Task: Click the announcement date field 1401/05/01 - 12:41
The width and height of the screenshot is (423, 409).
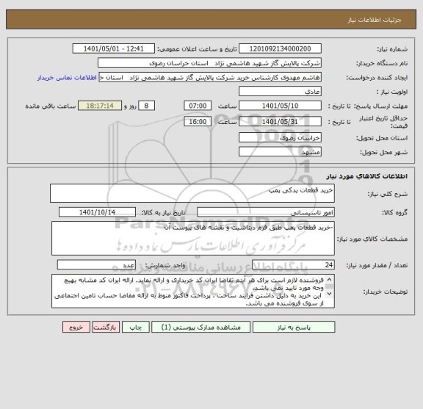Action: [115, 48]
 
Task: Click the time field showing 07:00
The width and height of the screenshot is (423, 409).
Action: [198, 106]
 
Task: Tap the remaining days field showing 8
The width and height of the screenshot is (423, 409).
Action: [146, 106]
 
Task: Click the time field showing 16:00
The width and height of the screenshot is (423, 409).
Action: [198, 121]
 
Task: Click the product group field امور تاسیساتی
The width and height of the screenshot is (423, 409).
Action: [266, 211]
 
